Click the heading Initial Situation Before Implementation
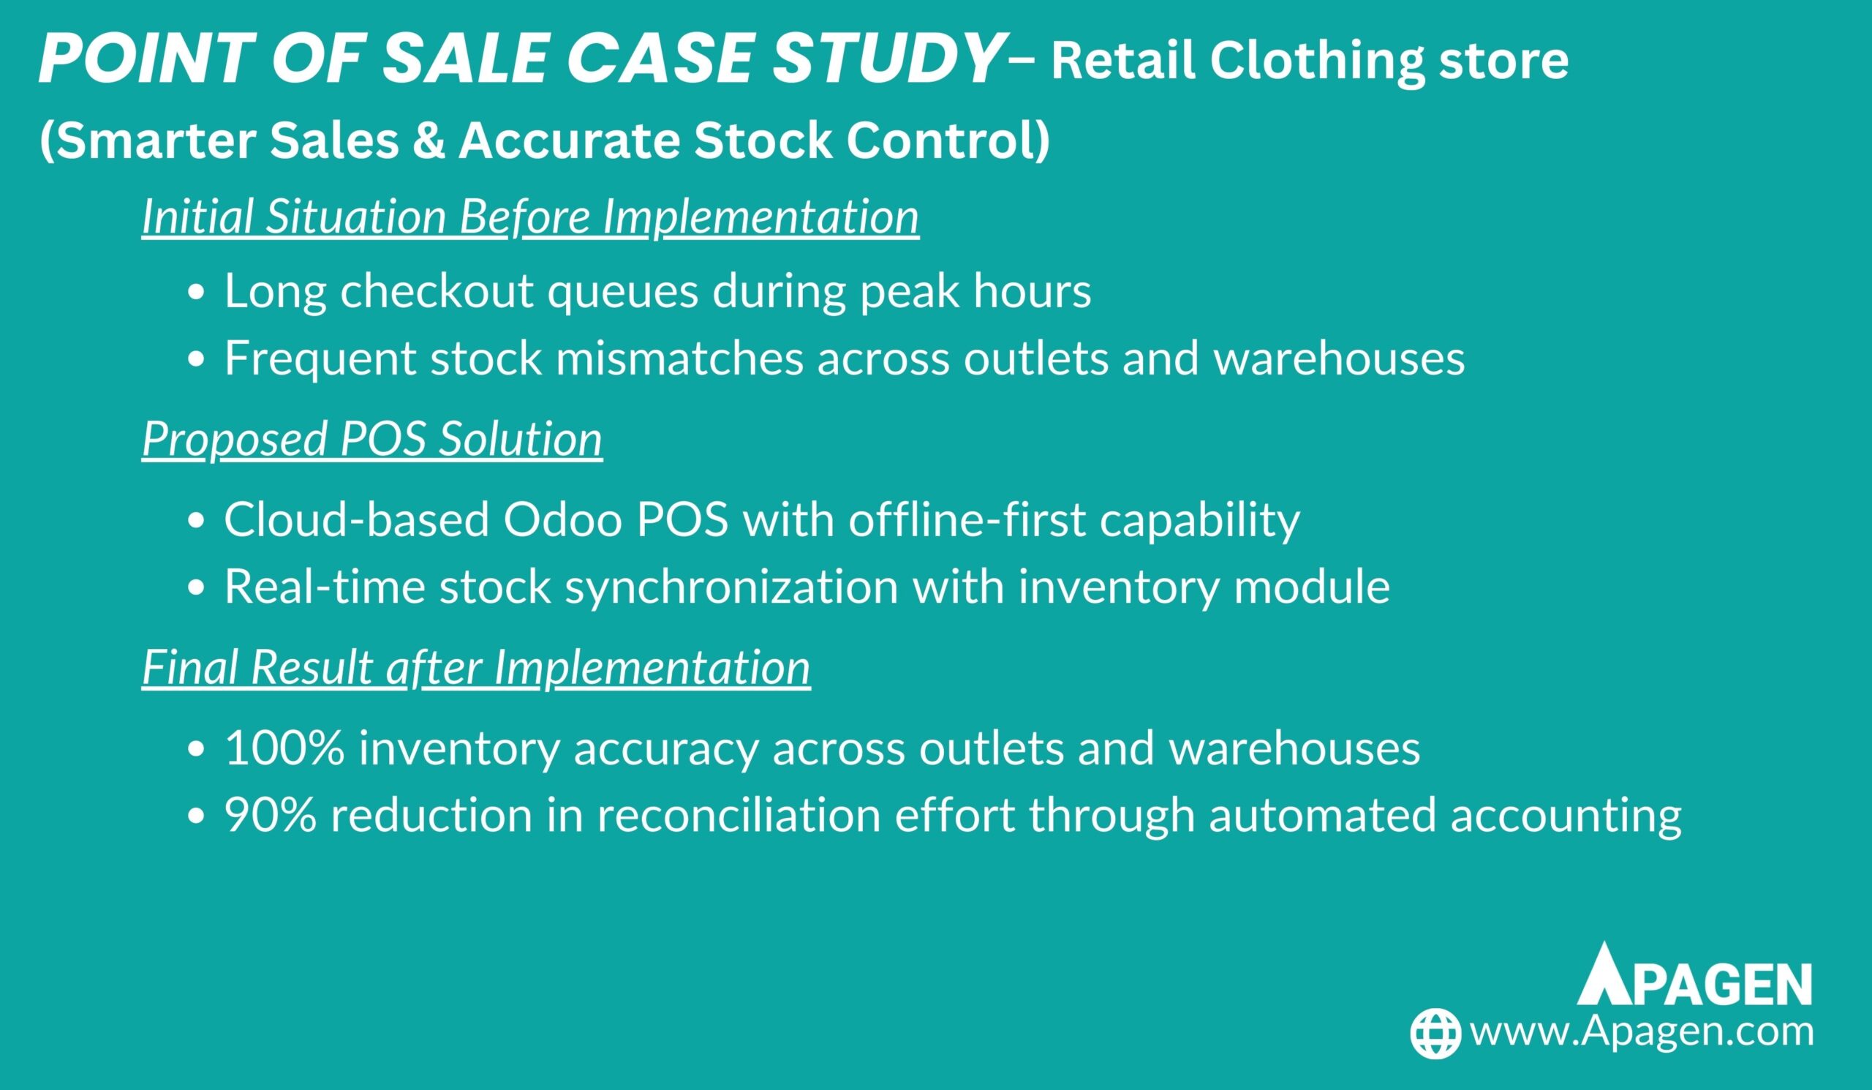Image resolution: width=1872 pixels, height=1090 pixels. [530, 217]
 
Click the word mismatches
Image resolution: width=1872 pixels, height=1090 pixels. [680, 358]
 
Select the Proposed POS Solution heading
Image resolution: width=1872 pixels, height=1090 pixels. [372, 439]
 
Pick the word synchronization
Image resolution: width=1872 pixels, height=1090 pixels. [732, 586]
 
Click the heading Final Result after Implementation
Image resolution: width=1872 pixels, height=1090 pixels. [476, 667]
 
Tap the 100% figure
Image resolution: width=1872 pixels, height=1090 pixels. [284, 748]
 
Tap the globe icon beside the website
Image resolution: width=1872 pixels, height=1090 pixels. [1436, 1033]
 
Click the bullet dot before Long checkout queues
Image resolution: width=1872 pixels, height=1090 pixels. [196, 293]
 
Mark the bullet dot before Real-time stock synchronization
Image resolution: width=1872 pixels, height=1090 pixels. [196, 588]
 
